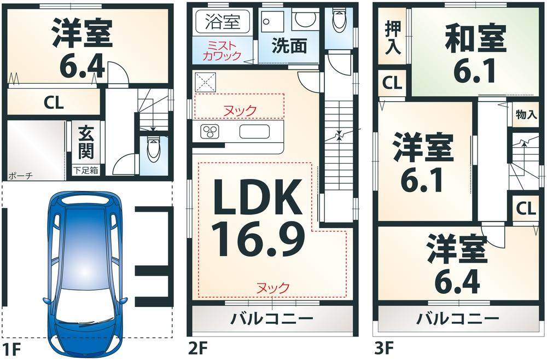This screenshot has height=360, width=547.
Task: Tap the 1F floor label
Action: click(11, 349)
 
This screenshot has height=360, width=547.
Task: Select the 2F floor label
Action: click(199, 349)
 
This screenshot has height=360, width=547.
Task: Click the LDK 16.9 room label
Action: click(257, 219)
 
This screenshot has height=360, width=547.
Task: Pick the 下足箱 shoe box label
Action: click(86, 170)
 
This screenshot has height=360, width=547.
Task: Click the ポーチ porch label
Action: click(21, 176)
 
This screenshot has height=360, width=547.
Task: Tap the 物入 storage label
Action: click(526, 115)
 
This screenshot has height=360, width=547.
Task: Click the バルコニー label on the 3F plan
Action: click(458, 318)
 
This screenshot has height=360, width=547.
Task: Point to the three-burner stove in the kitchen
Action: click(211, 132)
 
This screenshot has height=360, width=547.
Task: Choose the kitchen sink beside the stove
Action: click(254, 132)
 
